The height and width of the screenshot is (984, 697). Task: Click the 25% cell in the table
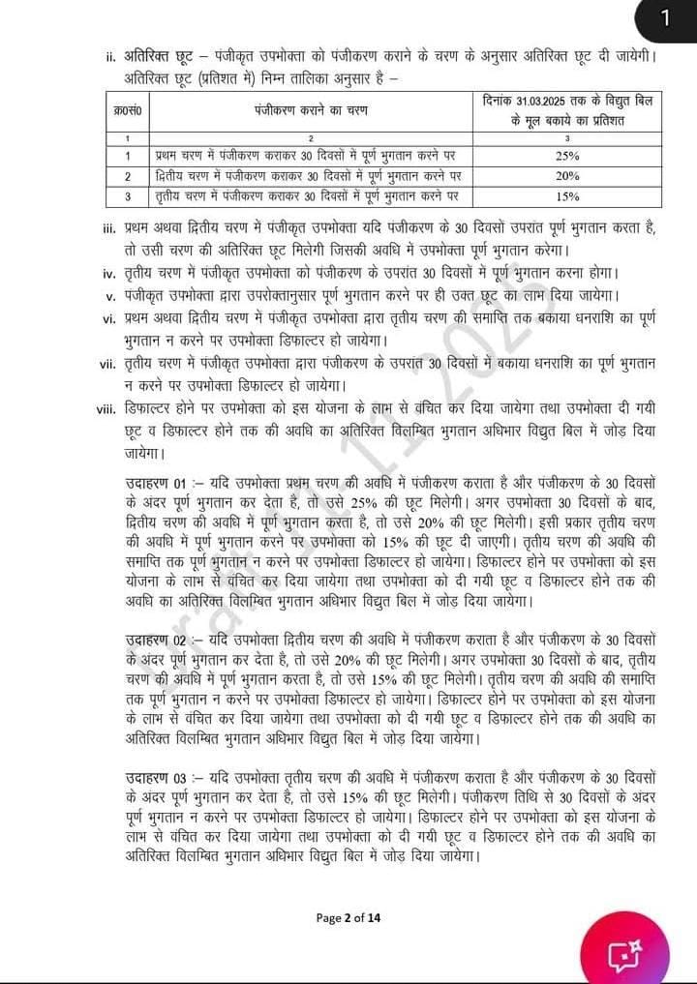point(567,156)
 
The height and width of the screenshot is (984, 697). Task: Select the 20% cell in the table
point(567,176)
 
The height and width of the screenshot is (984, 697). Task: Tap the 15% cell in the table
point(567,196)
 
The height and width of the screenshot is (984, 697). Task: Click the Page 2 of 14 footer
point(348,917)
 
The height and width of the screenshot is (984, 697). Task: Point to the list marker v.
point(111,296)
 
